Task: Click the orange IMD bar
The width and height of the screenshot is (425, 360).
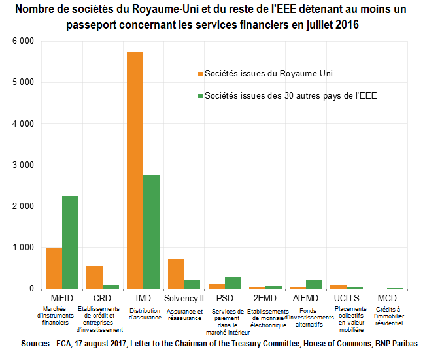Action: [135, 170]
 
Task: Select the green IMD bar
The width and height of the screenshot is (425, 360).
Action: [151, 232]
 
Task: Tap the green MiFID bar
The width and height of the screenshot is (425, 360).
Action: [70, 242]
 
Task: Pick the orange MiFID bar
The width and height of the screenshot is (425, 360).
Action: [54, 269]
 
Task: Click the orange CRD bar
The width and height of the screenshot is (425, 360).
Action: [94, 277]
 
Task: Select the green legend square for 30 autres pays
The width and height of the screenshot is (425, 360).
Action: [200, 95]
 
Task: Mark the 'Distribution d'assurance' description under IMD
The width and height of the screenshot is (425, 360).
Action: [143, 314]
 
